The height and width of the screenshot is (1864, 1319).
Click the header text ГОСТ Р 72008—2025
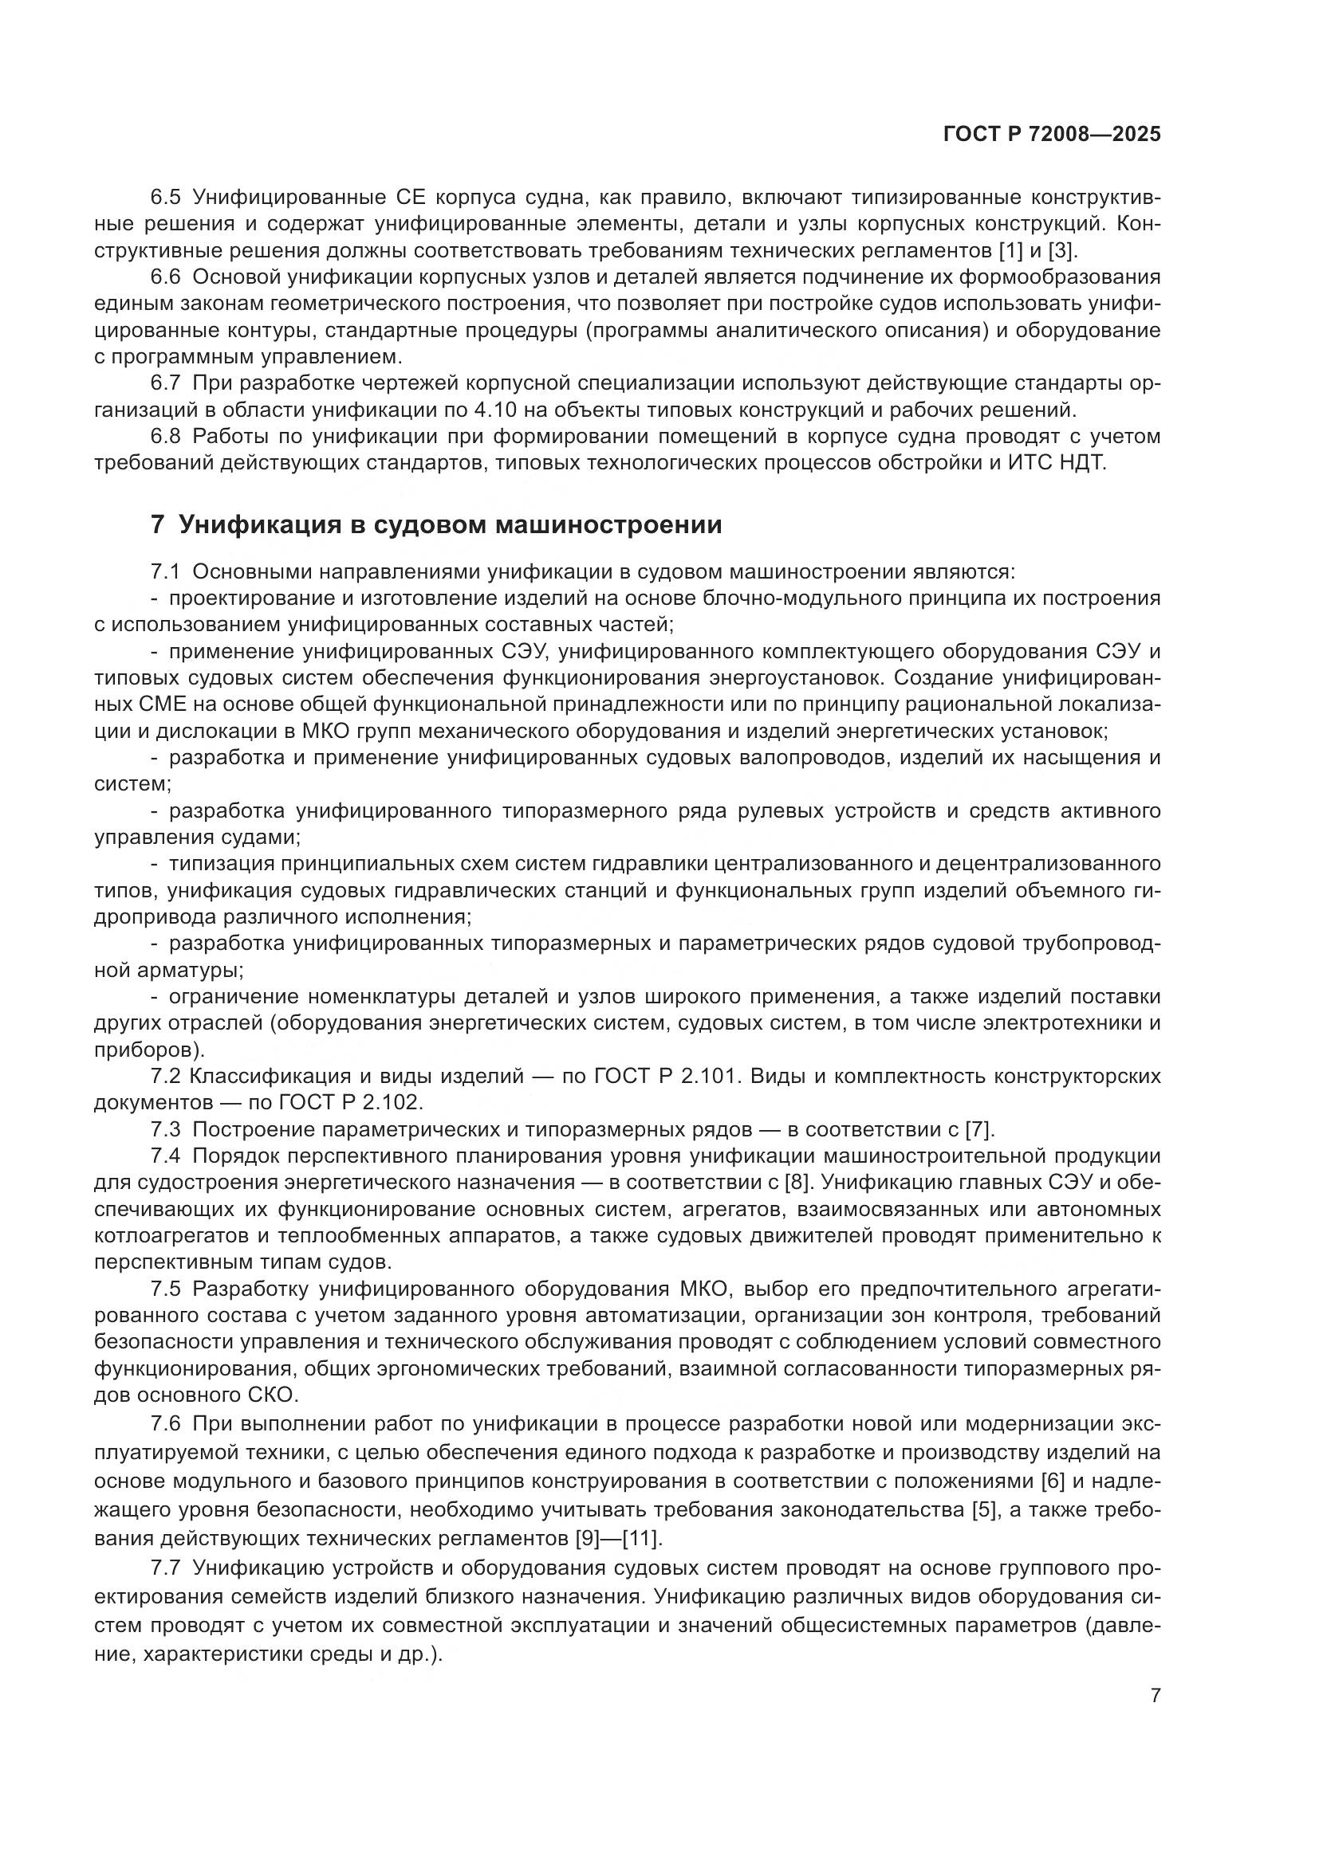click(x=1052, y=135)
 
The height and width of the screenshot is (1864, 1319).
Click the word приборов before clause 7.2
click(x=144, y=1050)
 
